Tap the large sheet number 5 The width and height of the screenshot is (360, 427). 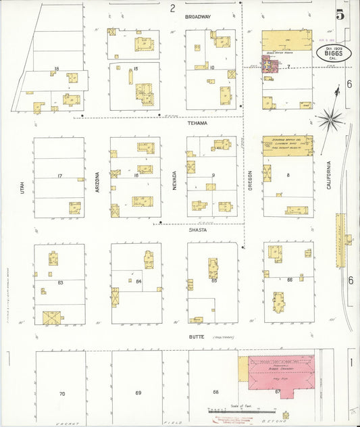339,14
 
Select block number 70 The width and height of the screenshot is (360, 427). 62,393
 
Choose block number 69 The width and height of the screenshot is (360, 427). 138,393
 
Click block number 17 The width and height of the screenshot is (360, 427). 60,176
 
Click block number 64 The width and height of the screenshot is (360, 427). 138,281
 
